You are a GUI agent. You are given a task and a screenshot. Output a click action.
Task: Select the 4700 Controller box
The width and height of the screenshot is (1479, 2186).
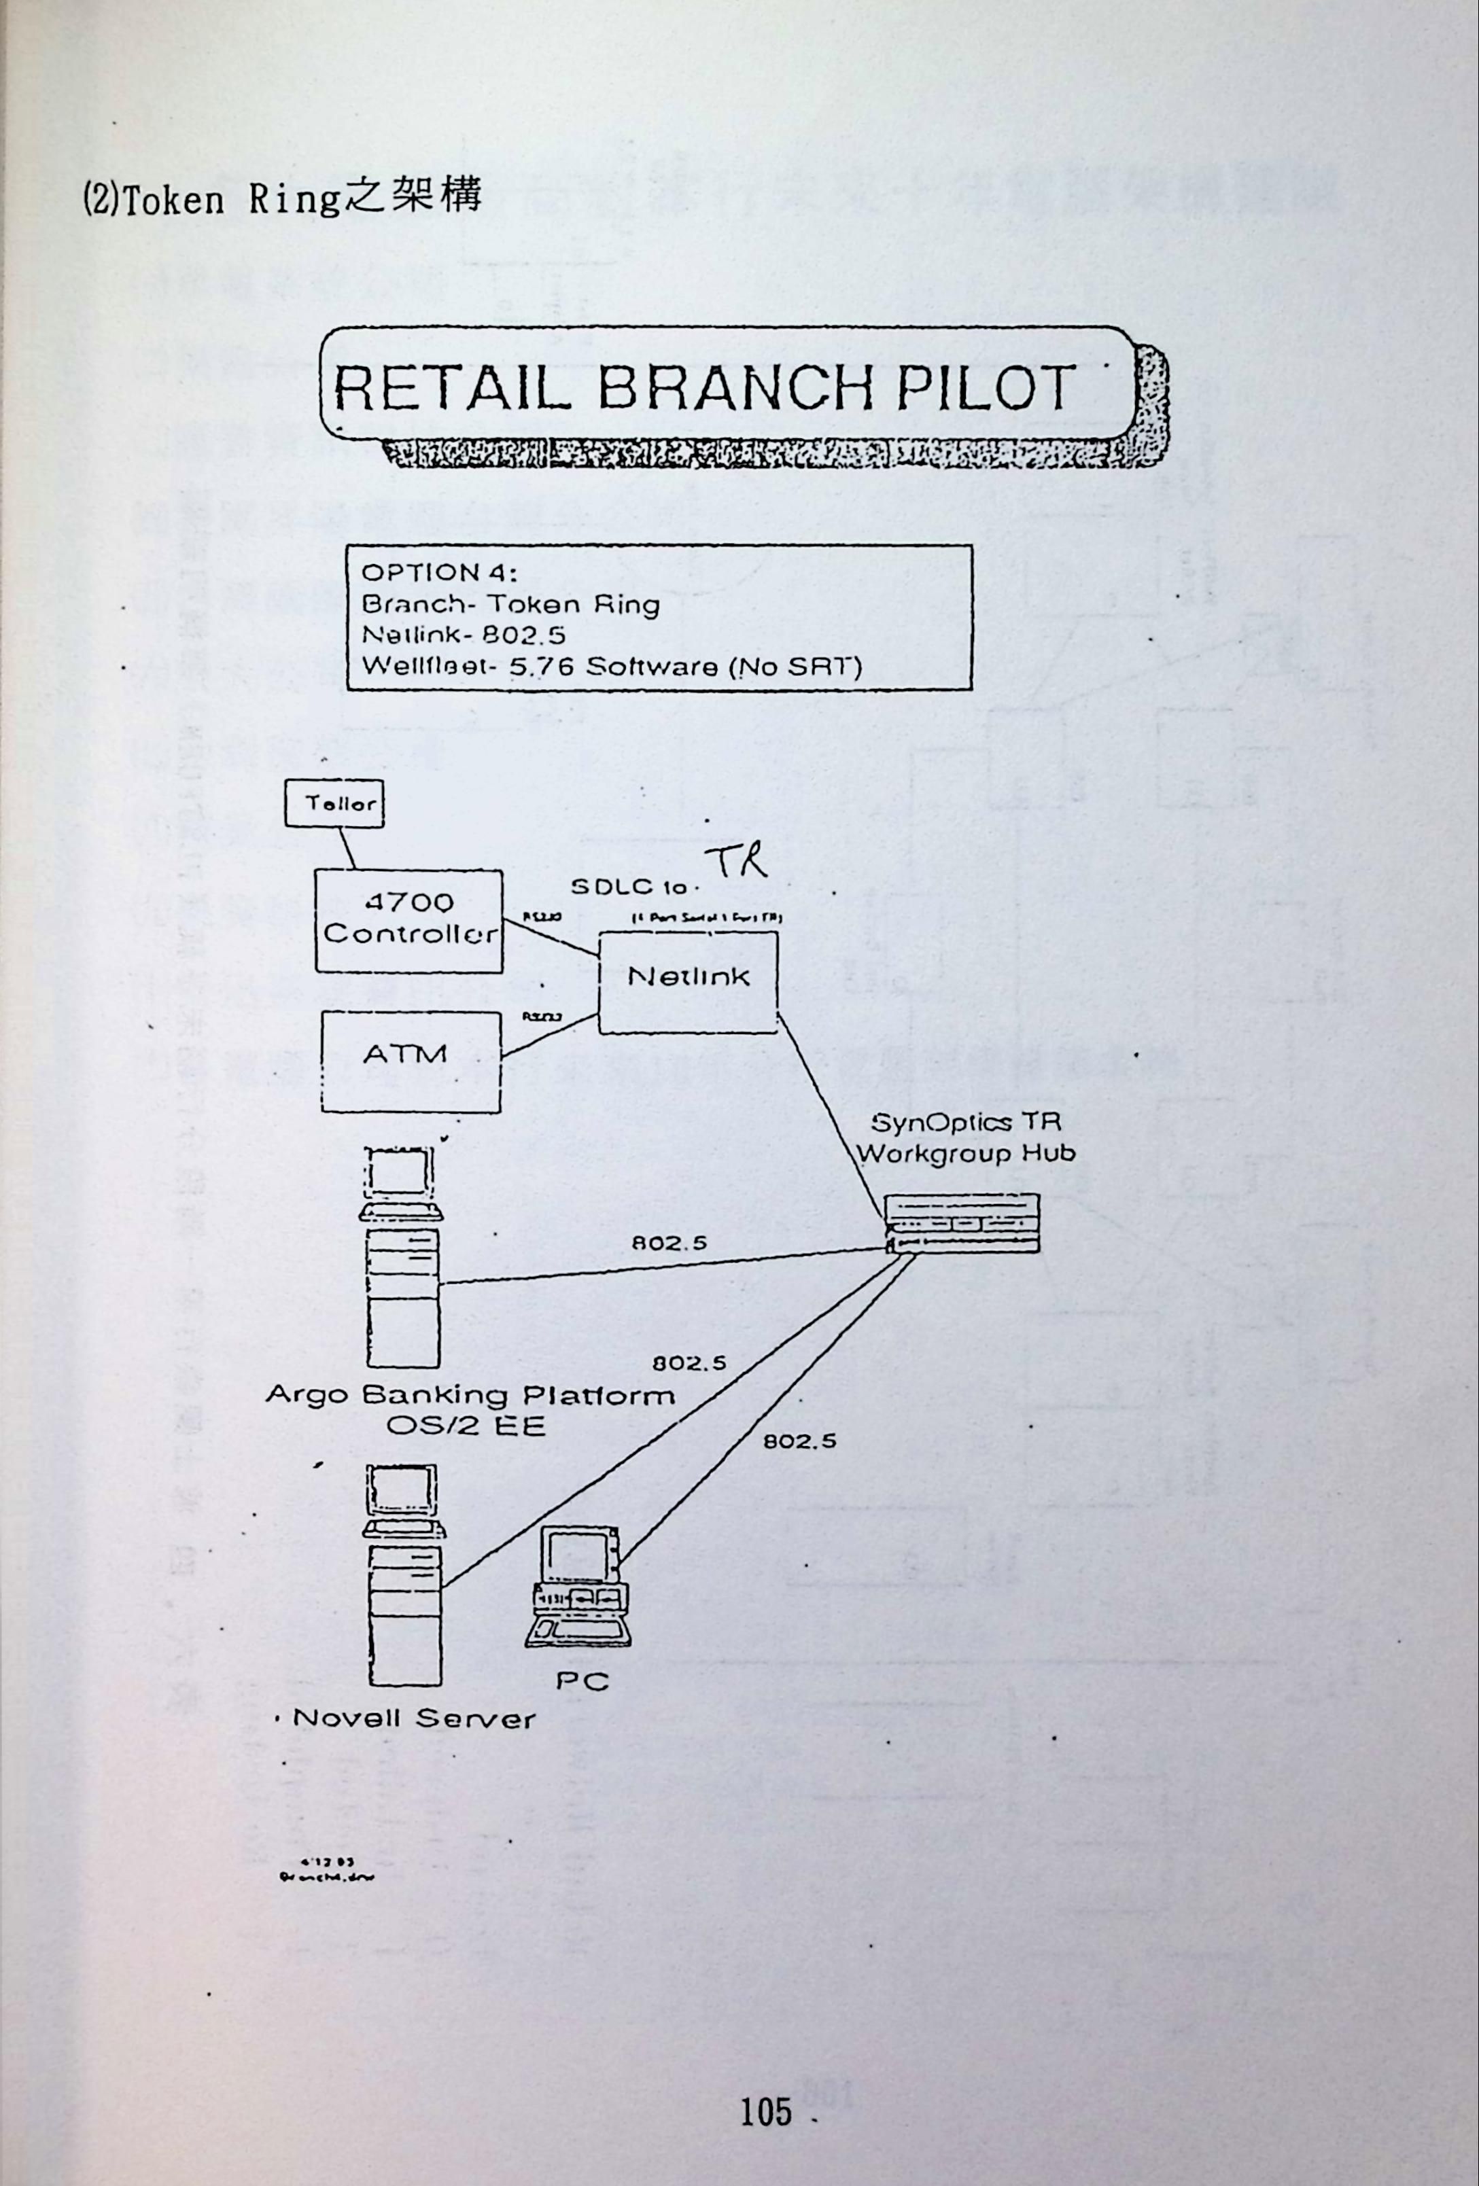click(408, 921)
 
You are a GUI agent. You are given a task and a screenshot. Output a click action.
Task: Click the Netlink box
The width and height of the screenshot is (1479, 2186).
click(689, 981)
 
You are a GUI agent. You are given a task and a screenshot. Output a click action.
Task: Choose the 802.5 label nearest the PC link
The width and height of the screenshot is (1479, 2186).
click(799, 1441)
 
